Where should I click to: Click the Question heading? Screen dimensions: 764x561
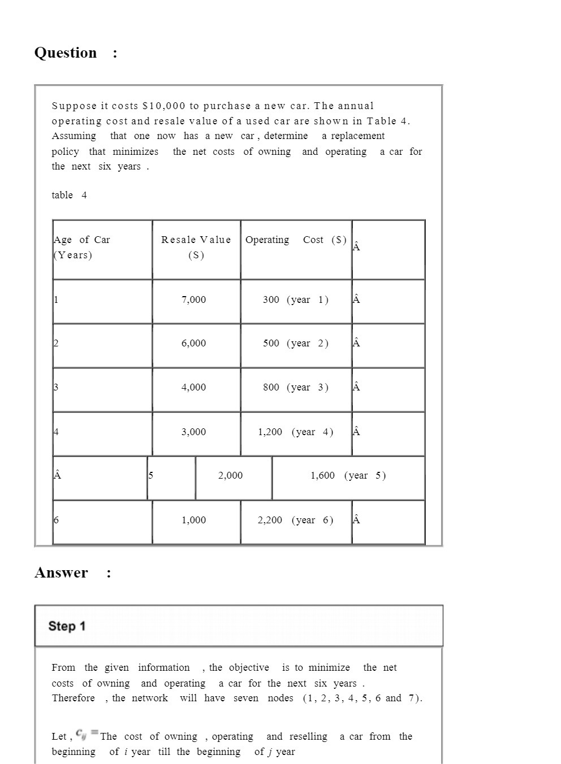coord(66,53)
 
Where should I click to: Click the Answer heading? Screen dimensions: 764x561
coord(61,573)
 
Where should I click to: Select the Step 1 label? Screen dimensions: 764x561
coord(67,626)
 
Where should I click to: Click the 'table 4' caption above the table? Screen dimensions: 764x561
coord(69,196)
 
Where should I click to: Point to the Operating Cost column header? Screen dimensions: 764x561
coord(296,240)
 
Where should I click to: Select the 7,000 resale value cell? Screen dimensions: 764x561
coord(193,300)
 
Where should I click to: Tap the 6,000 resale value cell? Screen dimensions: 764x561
coord(193,344)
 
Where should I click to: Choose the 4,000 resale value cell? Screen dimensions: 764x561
coord(193,388)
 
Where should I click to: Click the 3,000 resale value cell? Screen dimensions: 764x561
coord(193,432)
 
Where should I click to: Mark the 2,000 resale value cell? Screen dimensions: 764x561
coord(230,476)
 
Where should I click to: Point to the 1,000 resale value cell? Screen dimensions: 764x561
coord(193,520)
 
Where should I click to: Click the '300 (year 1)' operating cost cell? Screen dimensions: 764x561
coord(295,300)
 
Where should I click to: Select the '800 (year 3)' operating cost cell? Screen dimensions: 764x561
coord(295,388)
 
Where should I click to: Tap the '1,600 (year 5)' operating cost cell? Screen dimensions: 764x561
coord(348,476)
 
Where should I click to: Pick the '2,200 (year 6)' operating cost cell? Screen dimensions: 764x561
coord(295,520)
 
